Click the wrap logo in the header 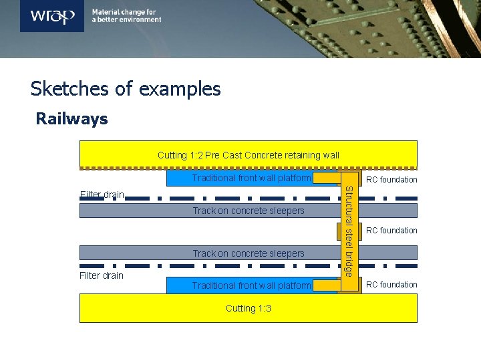[53, 16]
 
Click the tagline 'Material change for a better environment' [126, 16]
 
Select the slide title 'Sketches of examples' [126, 88]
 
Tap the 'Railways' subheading [71, 119]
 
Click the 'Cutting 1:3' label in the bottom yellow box [249, 308]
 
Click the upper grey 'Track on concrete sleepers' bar [248, 211]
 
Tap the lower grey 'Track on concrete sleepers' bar [248, 253]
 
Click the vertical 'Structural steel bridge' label [349, 231]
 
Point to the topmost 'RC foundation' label [391, 179]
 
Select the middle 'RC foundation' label [391, 231]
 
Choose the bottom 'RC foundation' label [391, 285]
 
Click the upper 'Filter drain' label [102, 195]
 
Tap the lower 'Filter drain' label [102, 275]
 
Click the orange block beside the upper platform [325, 178]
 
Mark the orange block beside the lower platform [325, 285]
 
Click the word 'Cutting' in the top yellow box [172, 155]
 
